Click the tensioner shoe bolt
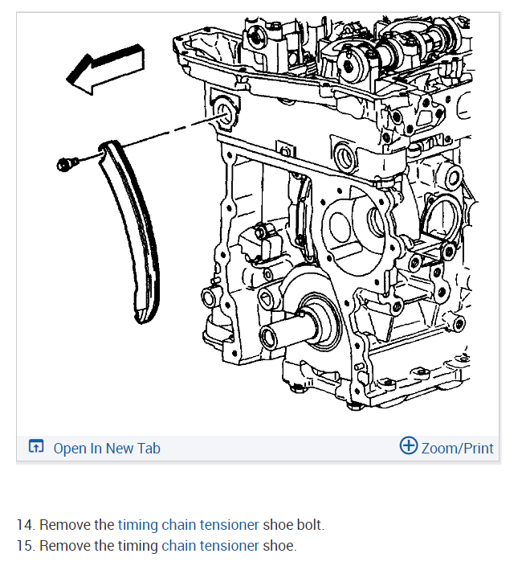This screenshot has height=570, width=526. (x=66, y=164)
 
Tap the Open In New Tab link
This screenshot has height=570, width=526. (x=106, y=448)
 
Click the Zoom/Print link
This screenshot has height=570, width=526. (x=457, y=448)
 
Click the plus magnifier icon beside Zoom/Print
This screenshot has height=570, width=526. (x=409, y=446)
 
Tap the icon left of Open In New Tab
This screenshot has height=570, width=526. (x=36, y=447)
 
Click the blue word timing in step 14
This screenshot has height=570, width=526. (x=137, y=525)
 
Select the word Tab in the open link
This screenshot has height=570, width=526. (x=149, y=448)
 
